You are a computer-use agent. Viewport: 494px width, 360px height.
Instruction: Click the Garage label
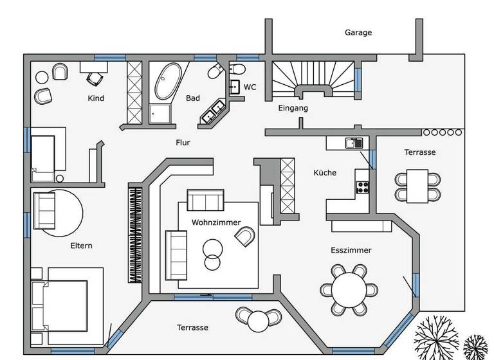click(x=358, y=32)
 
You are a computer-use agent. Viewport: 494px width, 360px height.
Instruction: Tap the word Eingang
click(x=293, y=109)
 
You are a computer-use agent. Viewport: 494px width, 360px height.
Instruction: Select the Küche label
click(x=325, y=173)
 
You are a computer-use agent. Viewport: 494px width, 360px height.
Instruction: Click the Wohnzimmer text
click(x=216, y=222)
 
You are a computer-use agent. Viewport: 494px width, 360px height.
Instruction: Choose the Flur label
click(x=183, y=143)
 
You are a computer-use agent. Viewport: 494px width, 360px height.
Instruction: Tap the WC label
click(x=250, y=87)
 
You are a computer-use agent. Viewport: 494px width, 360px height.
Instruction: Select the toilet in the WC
click(x=235, y=69)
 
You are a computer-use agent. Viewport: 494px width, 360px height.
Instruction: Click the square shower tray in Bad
click(x=160, y=114)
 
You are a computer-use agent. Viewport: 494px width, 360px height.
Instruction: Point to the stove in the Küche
click(x=363, y=187)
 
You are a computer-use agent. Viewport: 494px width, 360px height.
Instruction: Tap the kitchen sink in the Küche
click(x=354, y=143)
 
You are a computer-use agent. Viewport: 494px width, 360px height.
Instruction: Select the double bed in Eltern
click(x=61, y=304)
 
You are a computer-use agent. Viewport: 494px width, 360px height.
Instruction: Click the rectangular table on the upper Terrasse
click(x=418, y=185)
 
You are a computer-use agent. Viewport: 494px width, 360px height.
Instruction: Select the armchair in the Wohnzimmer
click(x=244, y=239)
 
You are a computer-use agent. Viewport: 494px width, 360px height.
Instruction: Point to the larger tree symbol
click(x=437, y=337)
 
